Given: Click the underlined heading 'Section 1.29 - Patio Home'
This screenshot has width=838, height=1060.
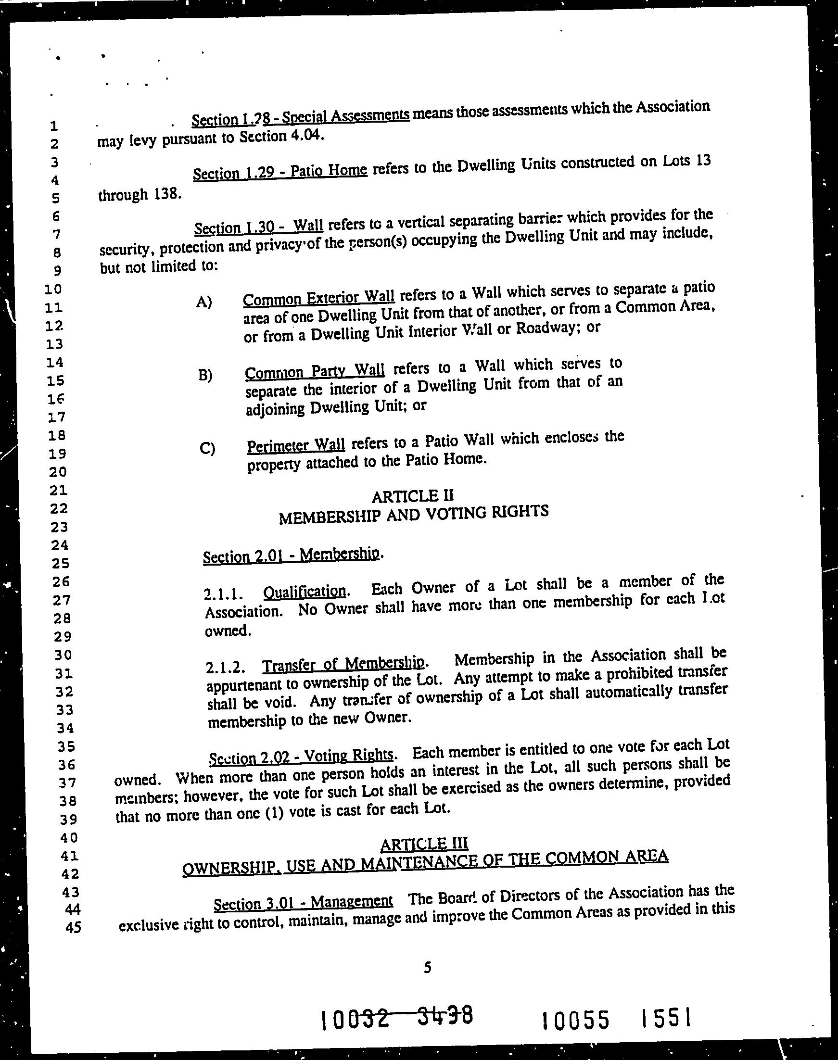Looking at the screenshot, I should point(280,172).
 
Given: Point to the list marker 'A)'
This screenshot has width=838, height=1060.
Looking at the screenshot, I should point(203,302).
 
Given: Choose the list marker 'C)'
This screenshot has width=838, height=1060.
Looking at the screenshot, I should point(207,449).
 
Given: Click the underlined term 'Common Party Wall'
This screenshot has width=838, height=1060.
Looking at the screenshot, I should point(315,372).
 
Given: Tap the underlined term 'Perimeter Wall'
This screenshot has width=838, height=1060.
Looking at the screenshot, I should point(296,446).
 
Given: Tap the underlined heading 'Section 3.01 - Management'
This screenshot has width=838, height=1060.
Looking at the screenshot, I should point(303,903).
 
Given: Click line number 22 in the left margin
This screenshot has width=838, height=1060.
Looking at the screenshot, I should point(58,509).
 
